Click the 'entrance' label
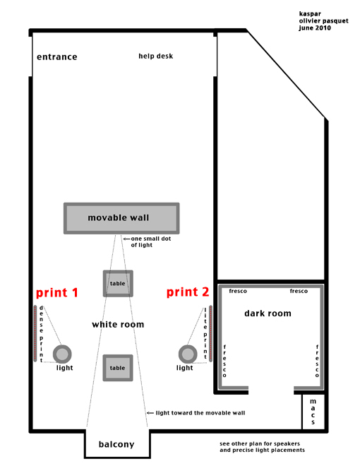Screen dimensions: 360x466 tap(56, 56)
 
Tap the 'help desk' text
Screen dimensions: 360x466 tap(155, 56)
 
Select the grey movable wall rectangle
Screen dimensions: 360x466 tap(121, 218)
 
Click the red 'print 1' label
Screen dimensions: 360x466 tap(57, 293)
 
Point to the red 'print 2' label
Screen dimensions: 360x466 tap(188, 292)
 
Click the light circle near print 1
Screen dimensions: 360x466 tap(62, 354)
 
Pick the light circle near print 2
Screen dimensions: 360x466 tap(188, 354)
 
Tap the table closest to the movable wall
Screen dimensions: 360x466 tap(118, 284)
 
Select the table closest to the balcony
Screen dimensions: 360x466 tap(118, 368)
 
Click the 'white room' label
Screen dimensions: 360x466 tap(118, 324)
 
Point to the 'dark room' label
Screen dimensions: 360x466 tap(268, 313)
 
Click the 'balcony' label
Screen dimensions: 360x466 tap(116, 444)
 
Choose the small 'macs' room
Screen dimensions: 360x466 tap(313, 412)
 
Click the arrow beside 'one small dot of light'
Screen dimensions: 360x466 tap(126, 239)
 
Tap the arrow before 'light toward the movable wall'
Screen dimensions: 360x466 tap(150, 413)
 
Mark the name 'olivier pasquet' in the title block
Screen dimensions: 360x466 tap(323, 21)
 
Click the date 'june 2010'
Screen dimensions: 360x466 tap(315, 28)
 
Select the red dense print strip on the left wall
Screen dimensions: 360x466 tap(35, 333)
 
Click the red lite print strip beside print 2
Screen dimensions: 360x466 tap(210, 333)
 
